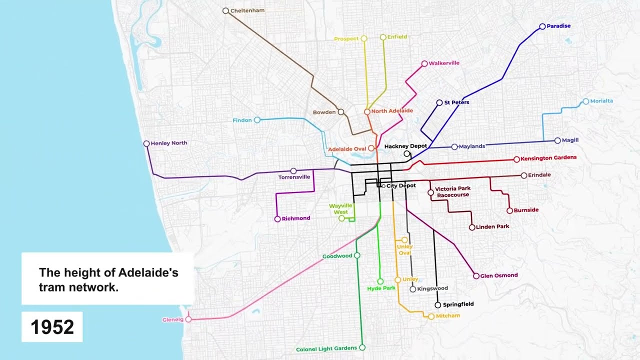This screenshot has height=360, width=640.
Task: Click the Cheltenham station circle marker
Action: click(225, 10)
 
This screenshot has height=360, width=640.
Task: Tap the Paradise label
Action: click(558, 26)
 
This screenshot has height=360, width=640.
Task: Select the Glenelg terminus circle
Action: click(188, 319)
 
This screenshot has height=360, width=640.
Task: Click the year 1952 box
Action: click(52, 327)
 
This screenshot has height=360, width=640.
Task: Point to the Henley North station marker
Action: click(146, 143)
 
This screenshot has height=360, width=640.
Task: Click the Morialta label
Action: click(601, 101)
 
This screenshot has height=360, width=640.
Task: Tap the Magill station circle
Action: click(557, 140)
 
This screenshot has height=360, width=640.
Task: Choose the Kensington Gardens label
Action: click(548, 157)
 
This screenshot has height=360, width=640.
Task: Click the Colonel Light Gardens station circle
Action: click(362, 347)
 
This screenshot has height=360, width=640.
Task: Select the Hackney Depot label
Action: click(405, 146)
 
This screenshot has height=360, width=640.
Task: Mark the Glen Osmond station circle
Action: click(476, 276)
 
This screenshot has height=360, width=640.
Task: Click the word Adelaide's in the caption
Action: click(148, 273)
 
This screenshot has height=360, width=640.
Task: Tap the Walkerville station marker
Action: click(424, 63)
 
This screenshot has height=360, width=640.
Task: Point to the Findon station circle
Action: click(257, 120)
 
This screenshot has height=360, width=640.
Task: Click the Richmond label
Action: click(296, 218)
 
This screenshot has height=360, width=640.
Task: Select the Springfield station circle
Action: click(437, 305)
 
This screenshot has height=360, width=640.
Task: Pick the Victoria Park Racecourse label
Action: click(452, 192)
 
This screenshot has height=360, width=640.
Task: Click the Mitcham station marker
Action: click(431, 316)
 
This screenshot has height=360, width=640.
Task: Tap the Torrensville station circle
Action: click(293, 171)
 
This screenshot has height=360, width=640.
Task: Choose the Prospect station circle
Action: click(364, 38)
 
